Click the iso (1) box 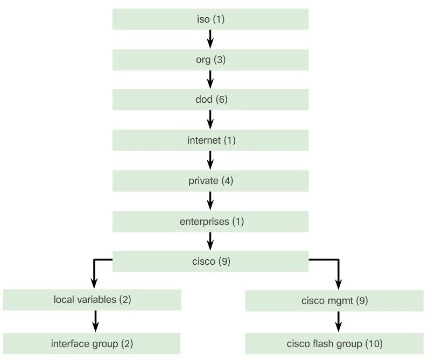210,19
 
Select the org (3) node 210,60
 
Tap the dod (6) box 210,100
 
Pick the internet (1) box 210,140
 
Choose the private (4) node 210,181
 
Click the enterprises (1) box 210,221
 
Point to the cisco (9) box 210,262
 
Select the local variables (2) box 92,300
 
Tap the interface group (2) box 92,343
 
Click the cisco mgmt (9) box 334,301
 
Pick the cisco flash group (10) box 334,343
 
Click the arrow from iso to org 211,39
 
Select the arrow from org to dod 211,80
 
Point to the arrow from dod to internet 211,120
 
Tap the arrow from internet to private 211,160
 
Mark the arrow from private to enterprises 211,201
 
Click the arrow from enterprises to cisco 211,241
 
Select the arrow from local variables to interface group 95,321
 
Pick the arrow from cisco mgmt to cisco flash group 338,322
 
